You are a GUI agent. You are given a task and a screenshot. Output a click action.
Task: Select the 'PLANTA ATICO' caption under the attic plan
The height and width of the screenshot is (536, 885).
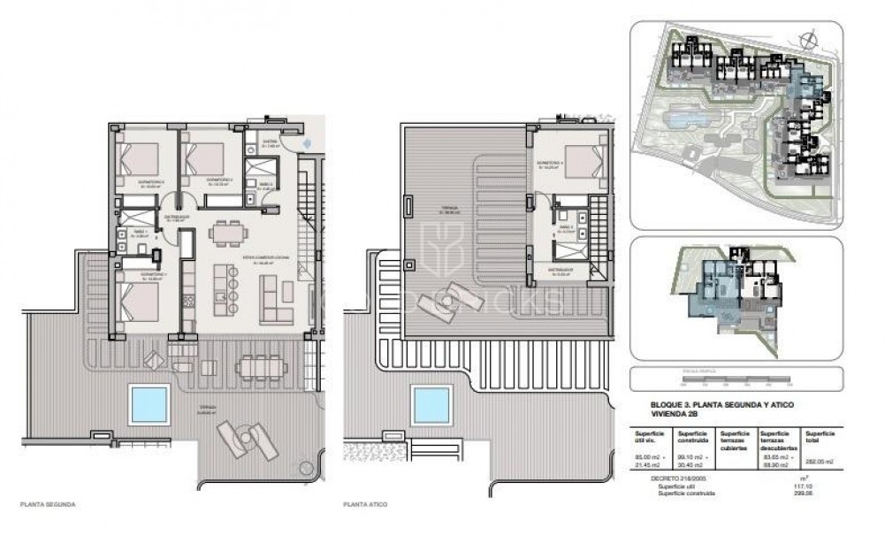[366, 508]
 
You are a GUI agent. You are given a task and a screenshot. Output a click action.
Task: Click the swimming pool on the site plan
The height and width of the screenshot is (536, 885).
[680, 116]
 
